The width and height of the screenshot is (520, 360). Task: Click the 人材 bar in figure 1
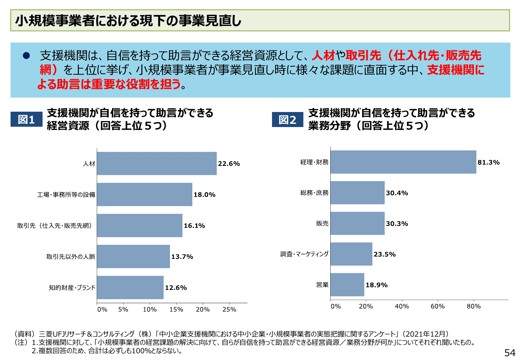pos(156,164)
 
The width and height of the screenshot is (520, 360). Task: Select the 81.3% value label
pos(488,162)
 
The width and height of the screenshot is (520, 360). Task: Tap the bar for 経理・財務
pos(403,162)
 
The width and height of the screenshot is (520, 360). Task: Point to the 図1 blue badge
pos(26,119)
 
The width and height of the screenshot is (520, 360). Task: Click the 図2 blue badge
pos(287,120)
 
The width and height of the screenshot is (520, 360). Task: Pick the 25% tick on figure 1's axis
pos(229,309)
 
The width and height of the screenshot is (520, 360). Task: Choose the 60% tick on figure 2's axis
pos(437,306)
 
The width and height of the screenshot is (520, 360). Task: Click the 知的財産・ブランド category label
pos(72,288)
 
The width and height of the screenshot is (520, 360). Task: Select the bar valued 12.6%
pos(130,288)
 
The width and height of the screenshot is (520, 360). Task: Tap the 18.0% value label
pos(204,195)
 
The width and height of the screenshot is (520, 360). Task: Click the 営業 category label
pos(322,285)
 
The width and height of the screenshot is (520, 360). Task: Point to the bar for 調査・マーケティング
pos(351,254)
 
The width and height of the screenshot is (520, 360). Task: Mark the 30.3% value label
pos(397,224)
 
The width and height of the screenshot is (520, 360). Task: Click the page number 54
pos(510,353)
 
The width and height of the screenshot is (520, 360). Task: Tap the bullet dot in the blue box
pos(26,56)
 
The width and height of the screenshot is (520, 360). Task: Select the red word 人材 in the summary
pos(323,56)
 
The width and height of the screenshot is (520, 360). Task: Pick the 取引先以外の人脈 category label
pos(71,257)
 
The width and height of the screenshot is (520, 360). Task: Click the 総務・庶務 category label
pos(314,193)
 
